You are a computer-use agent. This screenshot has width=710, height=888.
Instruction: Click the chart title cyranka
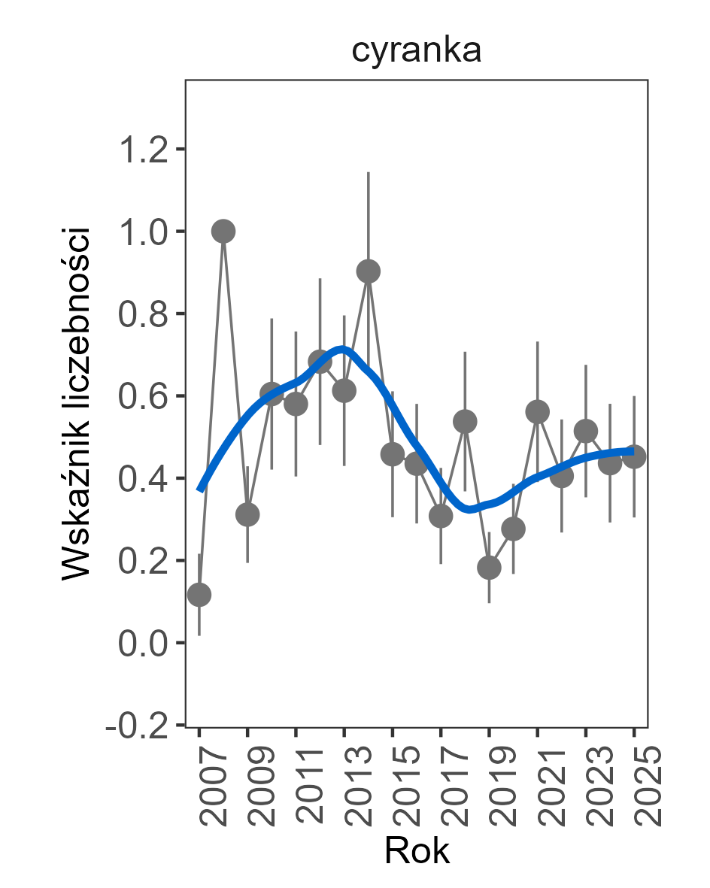tap(416, 52)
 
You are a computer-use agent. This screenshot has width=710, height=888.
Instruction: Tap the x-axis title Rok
tap(416, 851)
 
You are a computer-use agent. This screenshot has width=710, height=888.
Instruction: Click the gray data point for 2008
tap(223, 232)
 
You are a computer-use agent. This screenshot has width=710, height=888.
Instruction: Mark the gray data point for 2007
tap(199, 595)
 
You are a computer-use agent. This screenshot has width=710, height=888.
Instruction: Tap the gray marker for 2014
tap(369, 271)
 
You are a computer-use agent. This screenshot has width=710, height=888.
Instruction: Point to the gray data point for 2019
tap(489, 567)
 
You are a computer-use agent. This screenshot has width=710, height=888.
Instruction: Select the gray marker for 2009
tap(247, 515)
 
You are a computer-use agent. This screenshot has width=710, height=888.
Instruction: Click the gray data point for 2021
tap(538, 411)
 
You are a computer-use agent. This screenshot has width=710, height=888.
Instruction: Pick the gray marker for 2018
tap(465, 422)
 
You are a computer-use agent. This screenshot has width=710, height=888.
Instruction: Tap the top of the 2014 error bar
tap(369, 172)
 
